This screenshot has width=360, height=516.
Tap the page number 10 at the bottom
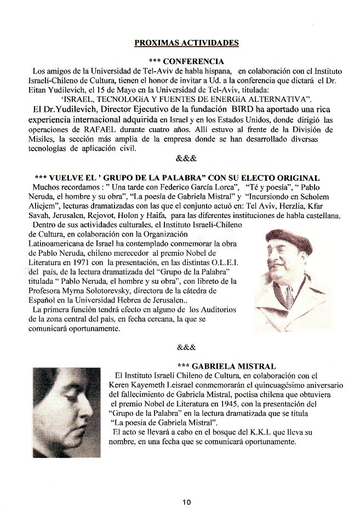tap(187, 502)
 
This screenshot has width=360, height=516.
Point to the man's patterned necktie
tap(289, 296)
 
